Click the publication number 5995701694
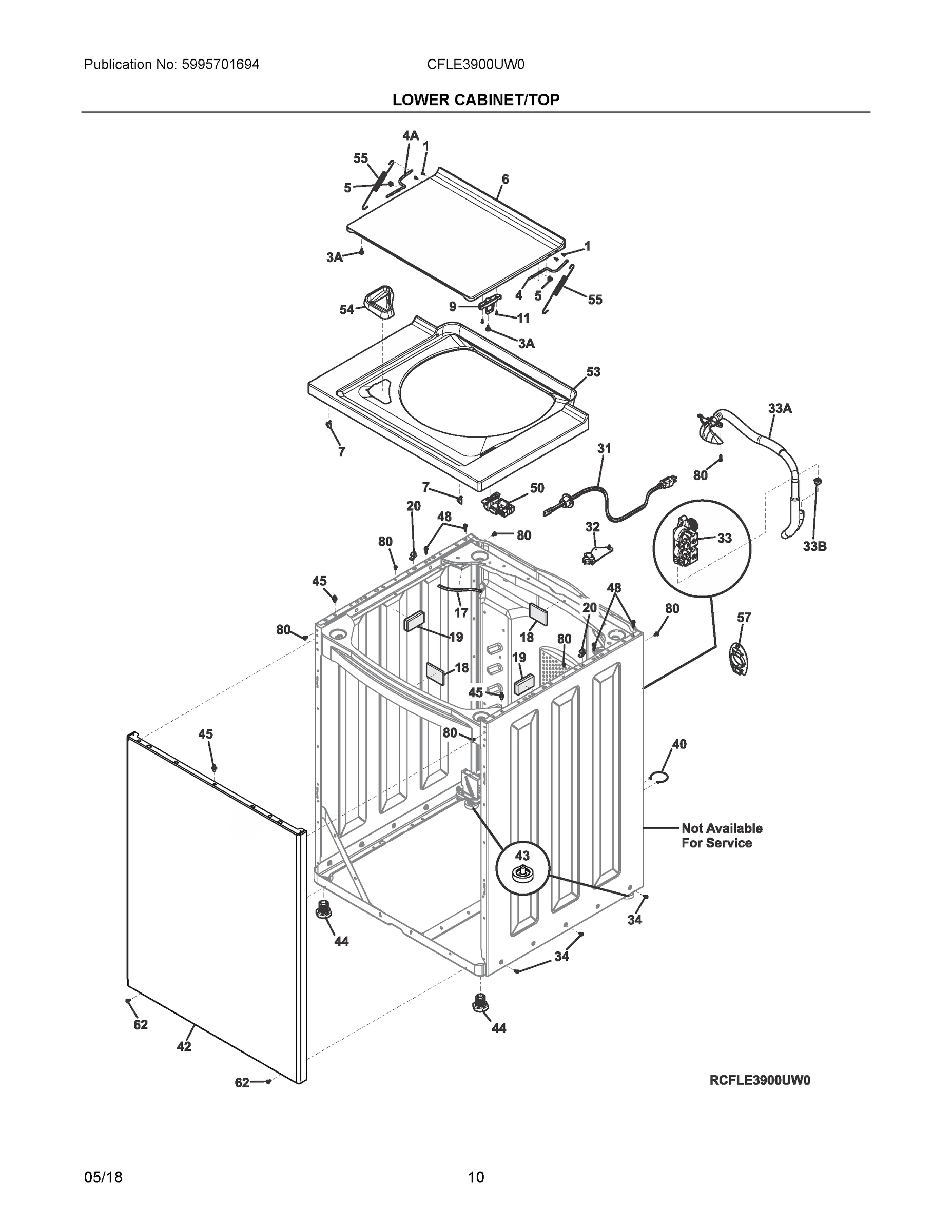pos(221,64)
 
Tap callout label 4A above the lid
pos(410,136)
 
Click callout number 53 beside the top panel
pos(593,372)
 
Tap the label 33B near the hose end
pos(814,546)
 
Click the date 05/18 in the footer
pos(103,1177)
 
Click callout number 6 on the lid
pos(505,179)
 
